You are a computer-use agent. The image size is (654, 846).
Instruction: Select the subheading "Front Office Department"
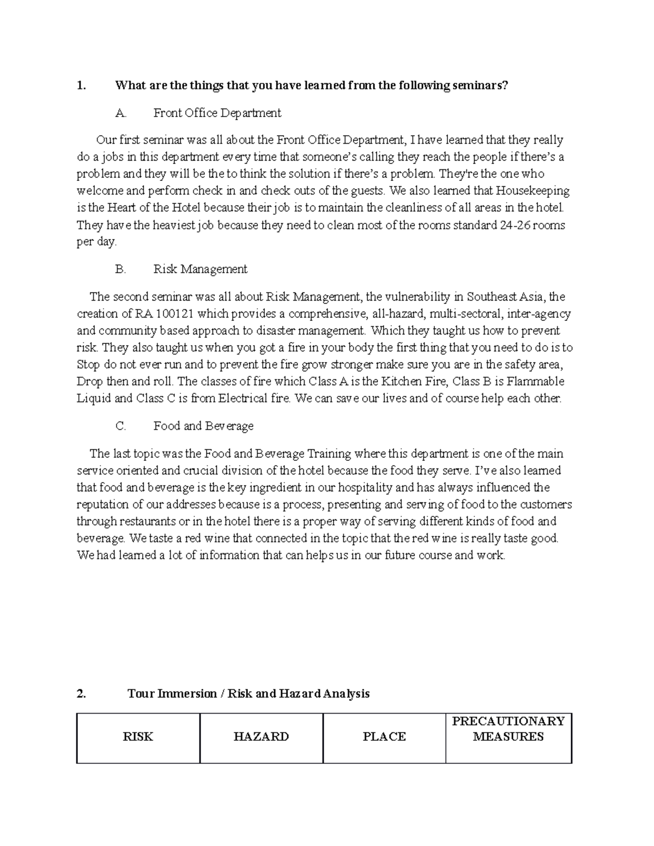(217, 113)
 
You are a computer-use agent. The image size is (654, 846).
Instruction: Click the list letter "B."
(121, 269)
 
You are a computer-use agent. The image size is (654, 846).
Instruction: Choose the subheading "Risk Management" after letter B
(200, 269)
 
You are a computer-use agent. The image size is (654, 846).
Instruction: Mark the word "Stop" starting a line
(88, 364)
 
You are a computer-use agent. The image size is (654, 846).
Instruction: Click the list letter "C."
(121, 426)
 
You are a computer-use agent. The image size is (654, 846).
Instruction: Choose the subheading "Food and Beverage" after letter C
(203, 426)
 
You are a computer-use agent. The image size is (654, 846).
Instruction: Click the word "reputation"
(102, 504)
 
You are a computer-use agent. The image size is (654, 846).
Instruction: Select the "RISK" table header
(138, 737)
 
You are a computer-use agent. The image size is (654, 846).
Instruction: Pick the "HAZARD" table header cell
(261, 737)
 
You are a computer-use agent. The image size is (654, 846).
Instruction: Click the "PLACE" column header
(384, 737)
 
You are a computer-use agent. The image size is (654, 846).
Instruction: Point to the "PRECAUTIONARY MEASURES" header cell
(508, 729)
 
